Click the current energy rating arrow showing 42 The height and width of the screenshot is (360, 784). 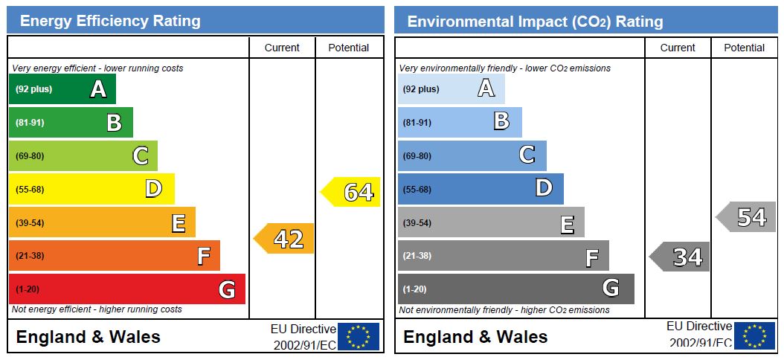click(x=285, y=239)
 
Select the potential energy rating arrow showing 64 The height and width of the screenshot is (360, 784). click(x=352, y=192)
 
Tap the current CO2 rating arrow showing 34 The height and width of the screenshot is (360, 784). click(x=681, y=257)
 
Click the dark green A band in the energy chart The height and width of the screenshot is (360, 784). click(x=62, y=89)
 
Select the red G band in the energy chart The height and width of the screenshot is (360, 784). click(x=126, y=289)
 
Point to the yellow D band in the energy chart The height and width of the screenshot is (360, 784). click(x=91, y=189)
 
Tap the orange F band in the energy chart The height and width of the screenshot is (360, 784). click(x=114, y=256)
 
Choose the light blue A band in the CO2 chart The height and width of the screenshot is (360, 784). click(x=451, y=89)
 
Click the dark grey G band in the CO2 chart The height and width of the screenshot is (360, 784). click(x=515, y=289)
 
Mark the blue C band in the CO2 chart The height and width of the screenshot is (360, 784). click(x=472, y=155)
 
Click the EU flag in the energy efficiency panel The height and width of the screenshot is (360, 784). click(x=359, y=336)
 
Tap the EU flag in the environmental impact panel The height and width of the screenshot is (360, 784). click(x=754, y=336)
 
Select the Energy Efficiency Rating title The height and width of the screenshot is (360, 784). click(x=110, y=21)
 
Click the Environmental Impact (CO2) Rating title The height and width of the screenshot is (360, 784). click(x=535, y=22)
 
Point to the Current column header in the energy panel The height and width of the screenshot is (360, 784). click(x=282, y=48)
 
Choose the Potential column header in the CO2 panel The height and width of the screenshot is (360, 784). click(x=744, y=48)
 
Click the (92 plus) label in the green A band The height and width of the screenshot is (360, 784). click(x=34, y=89)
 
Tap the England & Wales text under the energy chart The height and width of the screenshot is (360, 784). click(x=88, y=337)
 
